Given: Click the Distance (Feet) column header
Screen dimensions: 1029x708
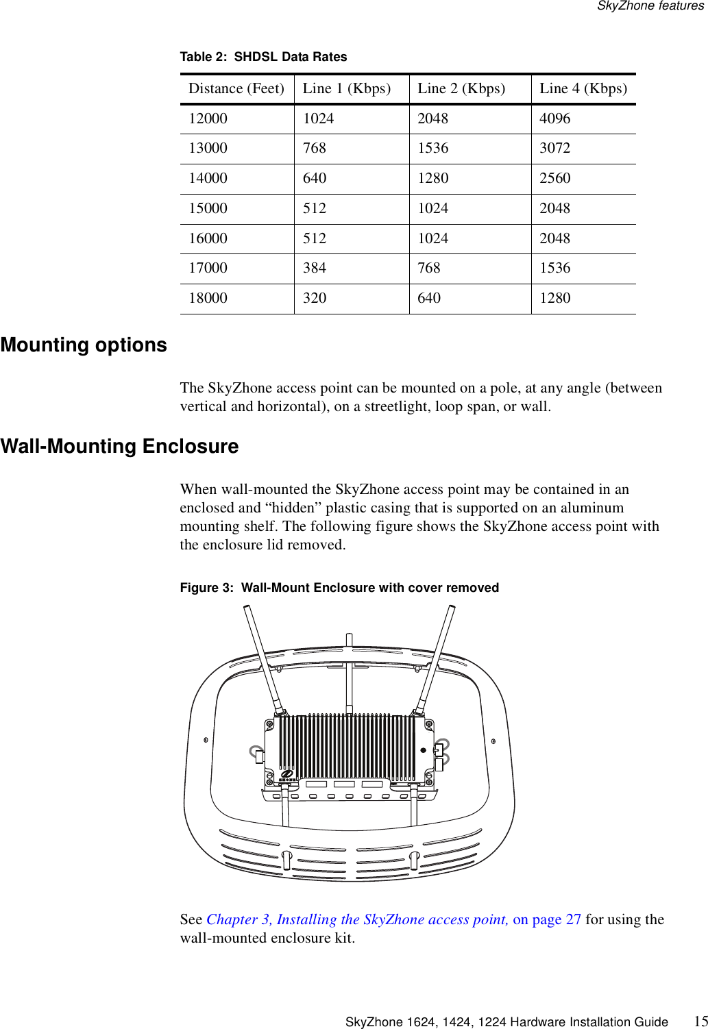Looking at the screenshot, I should point(236,88).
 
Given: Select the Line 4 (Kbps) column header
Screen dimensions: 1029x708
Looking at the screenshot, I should point(583,88).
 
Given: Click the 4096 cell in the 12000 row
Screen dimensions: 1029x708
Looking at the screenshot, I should point(554,119).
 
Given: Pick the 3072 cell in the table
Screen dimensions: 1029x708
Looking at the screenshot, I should point(554,148).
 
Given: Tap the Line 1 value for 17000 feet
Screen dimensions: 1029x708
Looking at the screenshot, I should point(315,268).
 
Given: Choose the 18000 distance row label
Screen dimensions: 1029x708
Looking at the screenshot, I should point(208,298).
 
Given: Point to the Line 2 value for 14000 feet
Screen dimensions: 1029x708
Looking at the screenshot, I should point(433,178).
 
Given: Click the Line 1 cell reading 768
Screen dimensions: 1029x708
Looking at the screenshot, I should point(315,148).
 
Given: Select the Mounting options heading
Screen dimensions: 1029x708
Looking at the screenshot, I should point(84,345).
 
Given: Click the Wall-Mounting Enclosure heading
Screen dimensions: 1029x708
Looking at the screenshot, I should point(120,446).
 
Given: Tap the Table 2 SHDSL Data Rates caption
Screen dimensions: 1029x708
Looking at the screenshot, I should point(263,57).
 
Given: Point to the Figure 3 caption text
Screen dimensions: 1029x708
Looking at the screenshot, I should point(339,588).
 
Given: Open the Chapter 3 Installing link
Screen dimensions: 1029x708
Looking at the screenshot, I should point(357,919).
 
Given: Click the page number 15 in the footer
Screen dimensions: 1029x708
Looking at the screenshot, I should point(700,1021).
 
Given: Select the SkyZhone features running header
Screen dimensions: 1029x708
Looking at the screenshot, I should point(650,6).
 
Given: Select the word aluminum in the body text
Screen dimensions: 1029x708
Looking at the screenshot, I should point(591,508).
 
